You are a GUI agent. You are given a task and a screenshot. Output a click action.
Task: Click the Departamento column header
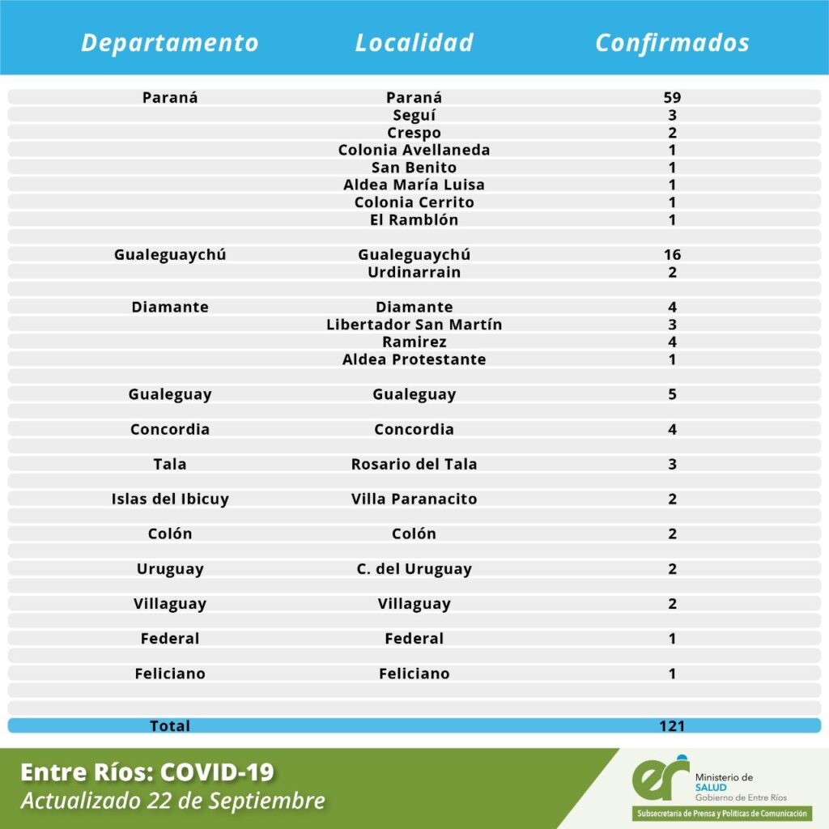170,43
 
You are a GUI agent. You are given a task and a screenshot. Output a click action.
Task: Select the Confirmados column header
672,43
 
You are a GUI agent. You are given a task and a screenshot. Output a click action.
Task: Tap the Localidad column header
414,43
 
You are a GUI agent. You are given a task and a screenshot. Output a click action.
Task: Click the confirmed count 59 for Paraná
672,98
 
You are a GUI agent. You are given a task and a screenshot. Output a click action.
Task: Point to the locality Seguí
414,116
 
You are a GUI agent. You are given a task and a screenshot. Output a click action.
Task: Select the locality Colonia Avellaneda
414,150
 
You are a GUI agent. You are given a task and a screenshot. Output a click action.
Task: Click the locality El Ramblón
414,219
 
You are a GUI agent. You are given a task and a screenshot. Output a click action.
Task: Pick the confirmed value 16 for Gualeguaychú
672,255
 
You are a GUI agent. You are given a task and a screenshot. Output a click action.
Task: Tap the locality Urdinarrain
414,272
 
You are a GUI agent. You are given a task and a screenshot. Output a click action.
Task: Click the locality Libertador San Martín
414,325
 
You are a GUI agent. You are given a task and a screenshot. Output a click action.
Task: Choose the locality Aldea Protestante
414,359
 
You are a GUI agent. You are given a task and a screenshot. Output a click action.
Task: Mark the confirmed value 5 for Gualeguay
672,395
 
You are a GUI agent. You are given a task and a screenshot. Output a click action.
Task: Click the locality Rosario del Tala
414,465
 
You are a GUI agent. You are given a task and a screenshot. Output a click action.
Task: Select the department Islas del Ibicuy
170,500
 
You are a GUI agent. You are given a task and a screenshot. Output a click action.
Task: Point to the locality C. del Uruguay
414,569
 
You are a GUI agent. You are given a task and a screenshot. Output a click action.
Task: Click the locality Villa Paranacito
414,500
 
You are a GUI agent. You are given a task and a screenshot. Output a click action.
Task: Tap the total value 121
672,726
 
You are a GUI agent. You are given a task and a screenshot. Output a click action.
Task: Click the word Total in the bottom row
170,726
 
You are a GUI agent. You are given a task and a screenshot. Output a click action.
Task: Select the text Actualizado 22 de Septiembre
172,801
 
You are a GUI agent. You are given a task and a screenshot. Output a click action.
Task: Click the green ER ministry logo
660,779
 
